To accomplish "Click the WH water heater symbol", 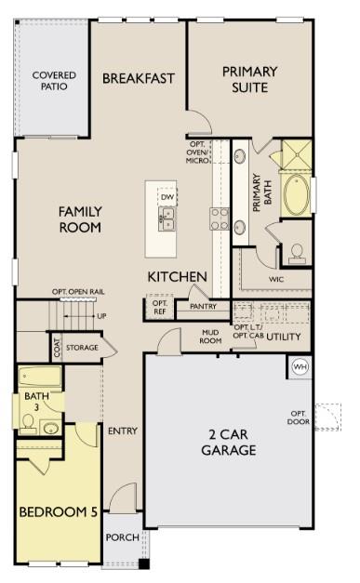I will [300, 366].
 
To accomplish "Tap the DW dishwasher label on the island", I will [167, 197].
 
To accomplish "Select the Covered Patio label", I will [54, 82].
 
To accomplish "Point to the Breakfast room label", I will [139, 79].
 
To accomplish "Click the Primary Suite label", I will [250, 79].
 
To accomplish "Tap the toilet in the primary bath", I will [297, 251].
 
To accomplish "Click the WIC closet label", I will [276, 278].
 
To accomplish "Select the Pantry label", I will [203, 306].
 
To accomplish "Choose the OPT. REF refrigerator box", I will [160, 308].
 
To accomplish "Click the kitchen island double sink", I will [167, 219].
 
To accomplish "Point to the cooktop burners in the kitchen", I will [220, 218].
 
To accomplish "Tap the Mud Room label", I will [210, 336].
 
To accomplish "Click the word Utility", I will [284, 336].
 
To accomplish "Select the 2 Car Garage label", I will [228, 442].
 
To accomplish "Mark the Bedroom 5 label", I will [58, 511].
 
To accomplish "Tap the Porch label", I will [122, 537].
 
